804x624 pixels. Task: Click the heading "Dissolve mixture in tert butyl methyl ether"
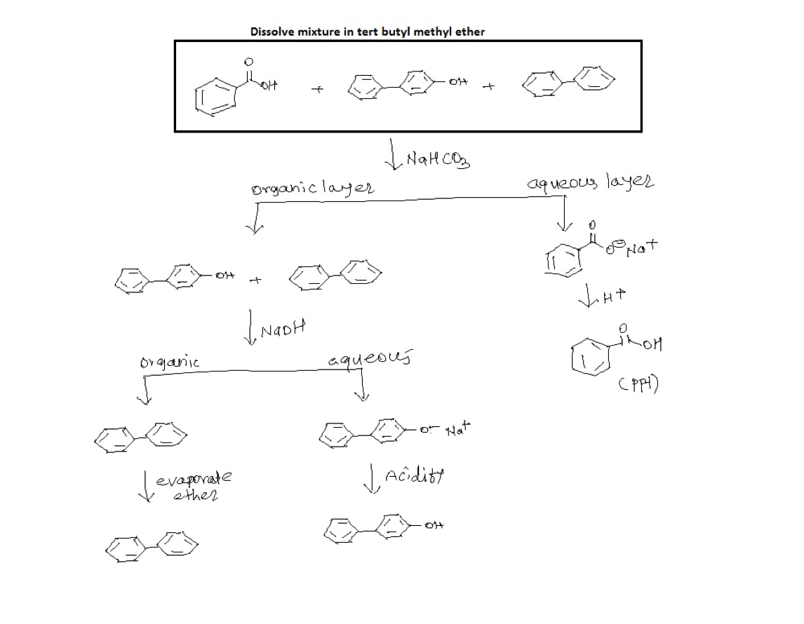tap(367, 32)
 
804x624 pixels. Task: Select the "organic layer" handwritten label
tap(312, 189)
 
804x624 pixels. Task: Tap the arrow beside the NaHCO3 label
tap(392, 156)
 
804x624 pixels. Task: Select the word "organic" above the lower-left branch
tap(170, 362)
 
